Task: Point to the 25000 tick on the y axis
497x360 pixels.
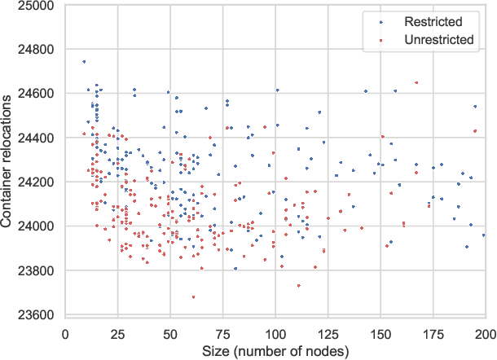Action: [x=37, y=6]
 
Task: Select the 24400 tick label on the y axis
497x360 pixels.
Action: [x=37, y=138]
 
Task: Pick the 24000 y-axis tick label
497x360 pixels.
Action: [x=37, y=226]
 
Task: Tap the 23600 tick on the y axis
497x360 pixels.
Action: [x=37, y=315]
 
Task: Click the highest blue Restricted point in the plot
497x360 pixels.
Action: [x=84, y=62]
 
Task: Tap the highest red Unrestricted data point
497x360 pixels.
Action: [x=416, y=82]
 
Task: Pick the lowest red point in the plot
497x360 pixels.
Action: [x=193, y=297]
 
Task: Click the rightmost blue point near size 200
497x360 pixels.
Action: [x=484, y=235]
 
